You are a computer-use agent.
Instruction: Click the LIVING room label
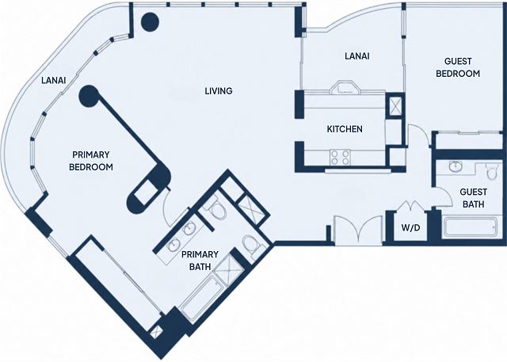click(219, 91)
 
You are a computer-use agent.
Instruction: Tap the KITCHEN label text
click(345, 129)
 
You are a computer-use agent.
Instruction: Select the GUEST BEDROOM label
click(458, 67)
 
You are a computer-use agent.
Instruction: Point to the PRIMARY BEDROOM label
click(91, 161)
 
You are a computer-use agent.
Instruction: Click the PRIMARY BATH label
click(200, 261)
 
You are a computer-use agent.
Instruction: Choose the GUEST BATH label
click(474, 198)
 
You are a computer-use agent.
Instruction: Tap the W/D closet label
click(410, 228)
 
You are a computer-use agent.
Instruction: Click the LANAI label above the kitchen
click(357, 56)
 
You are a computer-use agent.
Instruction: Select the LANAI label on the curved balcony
click(54, 80)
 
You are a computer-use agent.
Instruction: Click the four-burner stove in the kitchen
click(340, 158)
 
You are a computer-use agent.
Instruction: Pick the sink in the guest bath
click(456, 166)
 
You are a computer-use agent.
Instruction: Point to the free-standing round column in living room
click(150, 22)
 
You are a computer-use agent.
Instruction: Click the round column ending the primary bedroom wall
click(89, 96)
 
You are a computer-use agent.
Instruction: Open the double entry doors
click(358, 230)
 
